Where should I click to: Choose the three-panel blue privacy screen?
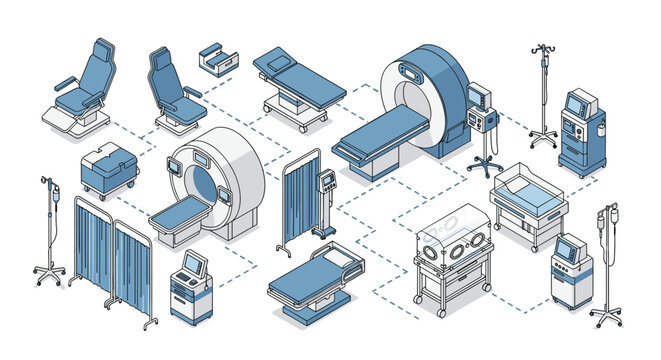pos(112,260)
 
